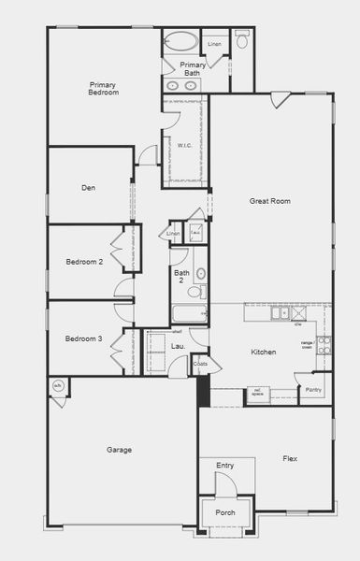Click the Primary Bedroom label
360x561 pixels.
click(104, 88)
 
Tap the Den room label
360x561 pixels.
click(89, 188)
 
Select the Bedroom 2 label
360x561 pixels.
click(84, 262)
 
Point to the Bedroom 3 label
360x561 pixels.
click(84, 338)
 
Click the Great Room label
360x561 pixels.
click(270, 201)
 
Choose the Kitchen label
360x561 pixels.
click(264, 352)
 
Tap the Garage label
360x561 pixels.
click(119, 450)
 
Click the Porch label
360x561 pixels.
click(225, 512)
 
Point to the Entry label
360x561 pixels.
click(224, 465)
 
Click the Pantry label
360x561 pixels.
click(313, 389)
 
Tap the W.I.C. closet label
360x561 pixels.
click(185, 146)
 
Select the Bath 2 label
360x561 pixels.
click(182, 277)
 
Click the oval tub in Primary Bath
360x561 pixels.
click(181, 41)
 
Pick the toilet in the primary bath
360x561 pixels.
click(242, 40)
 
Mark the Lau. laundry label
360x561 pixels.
click(178, 347)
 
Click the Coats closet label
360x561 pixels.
click(201, 364)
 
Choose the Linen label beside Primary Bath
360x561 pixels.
click(214, 44)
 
